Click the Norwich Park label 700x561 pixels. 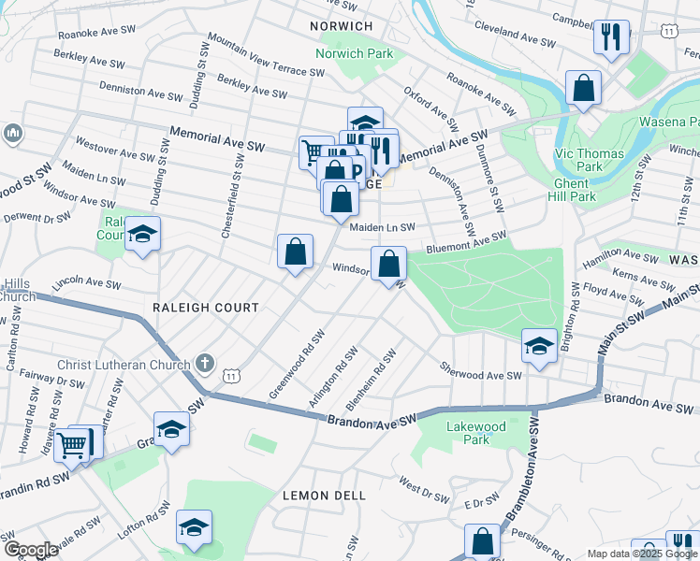pyautogui.click(x=355, y=53)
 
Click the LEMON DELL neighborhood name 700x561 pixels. pyautogui.click(x=324, y=495)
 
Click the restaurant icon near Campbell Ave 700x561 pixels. pyautogui.click(x=610, y=37)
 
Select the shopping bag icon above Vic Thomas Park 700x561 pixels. pyautogui.click(x=583, y=89)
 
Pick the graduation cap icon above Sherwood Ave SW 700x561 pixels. pyautogui.click(x=539, y=345)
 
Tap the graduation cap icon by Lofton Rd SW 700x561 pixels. pyautogui.click(x=194, y=527)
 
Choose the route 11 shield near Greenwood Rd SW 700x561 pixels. pyautogui.click(x=231, y=375)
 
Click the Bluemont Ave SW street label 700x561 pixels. pyautogui.click(x=466, y=244)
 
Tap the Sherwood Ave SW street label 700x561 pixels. pyautogui.click(x=480, y=375)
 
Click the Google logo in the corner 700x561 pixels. pyautogui.click(x=31, y=550)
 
